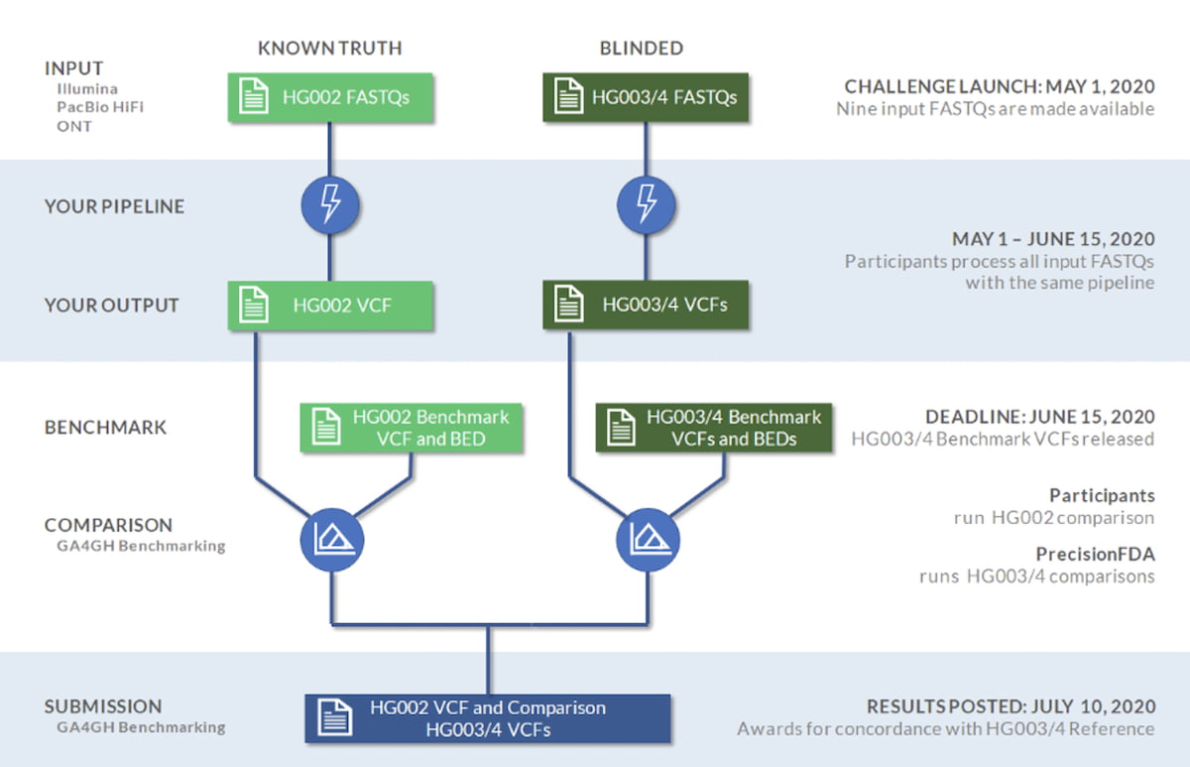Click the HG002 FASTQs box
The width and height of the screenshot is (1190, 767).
[x=330, y=97]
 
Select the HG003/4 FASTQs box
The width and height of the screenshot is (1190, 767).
[x=645, y=97]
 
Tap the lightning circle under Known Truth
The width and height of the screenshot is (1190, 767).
[x=330, y=204]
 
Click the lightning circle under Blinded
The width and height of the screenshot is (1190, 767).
[x=645, y=204]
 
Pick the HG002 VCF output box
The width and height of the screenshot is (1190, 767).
[x=330, y=305]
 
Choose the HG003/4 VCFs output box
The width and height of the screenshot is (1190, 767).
[x=645, y=305]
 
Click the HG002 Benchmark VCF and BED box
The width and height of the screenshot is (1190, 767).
[x=412, y=428]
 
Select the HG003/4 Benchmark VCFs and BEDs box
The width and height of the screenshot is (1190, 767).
[x=714, y=428]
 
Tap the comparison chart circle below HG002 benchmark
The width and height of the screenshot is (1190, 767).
[x=330, y=540]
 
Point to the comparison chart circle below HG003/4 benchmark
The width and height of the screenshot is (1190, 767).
[x=645, y=540]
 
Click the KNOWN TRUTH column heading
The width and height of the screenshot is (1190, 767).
[x=330, y=48]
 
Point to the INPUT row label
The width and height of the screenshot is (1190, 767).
[x=74, y=68]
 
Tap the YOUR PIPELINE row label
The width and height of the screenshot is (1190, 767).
[x=114, y=206]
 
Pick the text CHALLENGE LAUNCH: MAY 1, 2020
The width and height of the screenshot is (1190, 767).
[x=1000, y=86]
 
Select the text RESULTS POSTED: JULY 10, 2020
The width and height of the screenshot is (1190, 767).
[x=1011, y=706]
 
